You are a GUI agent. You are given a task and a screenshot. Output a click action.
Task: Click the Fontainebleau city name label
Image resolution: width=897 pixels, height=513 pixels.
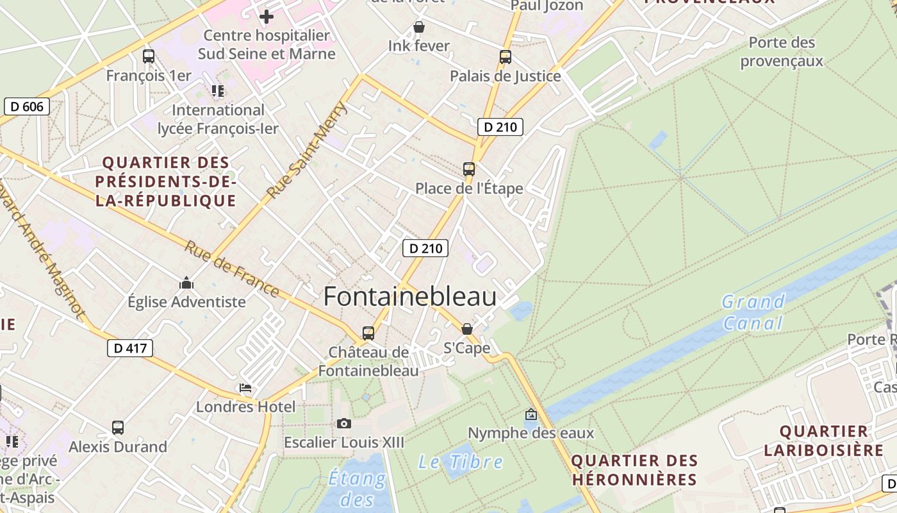pyautogui.click(x=410, y=297)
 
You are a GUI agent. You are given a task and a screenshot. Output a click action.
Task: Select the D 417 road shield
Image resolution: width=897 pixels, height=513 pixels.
pyautogui.click(x=130, y=348)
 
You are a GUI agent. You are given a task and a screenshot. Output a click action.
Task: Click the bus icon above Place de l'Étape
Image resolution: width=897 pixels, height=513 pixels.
pyautogui.click(x=469, y=169)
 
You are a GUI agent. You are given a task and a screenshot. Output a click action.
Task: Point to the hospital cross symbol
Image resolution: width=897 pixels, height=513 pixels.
pyautogui.click(x=266, y=17)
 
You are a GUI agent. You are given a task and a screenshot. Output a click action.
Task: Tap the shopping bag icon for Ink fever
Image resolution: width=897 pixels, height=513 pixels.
pyautogui.click(x=419, y=27)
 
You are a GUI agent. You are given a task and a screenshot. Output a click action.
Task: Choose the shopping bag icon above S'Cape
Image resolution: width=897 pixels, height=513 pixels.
pyautogui.click(x=467, y=329)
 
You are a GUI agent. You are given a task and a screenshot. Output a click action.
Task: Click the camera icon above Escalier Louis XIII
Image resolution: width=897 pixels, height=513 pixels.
pyautogui.click(x=344, y=423)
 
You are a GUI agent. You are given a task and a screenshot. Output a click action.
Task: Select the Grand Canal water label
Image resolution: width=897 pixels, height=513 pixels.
pyautogui.click(x=753, y=312)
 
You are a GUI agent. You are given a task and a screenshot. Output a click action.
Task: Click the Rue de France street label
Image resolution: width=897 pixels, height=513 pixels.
pyautogui.click(x=232, y=269)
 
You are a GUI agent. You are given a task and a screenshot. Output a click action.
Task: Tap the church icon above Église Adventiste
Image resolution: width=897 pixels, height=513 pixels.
pyautogui.click(x=186, y=283)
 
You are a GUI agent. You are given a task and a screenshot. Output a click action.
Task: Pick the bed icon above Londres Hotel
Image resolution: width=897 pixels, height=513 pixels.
pyautogui.click(x=245, y=388)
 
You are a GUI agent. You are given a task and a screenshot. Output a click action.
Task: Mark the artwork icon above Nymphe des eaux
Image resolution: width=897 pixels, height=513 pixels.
pyautogui.click(x=531, y=414)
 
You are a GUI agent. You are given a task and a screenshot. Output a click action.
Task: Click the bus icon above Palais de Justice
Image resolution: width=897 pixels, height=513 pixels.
pyautogui.click(x=506, y=57)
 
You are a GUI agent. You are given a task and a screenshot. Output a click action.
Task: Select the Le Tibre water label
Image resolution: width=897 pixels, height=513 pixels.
pyautogui.click(x=461, y=461)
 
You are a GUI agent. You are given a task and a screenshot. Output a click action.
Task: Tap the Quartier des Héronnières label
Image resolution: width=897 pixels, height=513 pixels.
pyautogui.click(x=634, y=470)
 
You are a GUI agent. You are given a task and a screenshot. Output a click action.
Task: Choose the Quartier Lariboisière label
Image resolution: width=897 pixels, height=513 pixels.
pyautogui.click(x=824, y=441)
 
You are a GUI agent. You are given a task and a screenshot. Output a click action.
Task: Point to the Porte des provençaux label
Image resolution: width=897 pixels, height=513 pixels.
pyautogui.click(x=782, y=52)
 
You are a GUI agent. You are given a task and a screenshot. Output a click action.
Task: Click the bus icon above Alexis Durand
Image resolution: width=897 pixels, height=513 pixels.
pyautogui.click(x=118, y=428)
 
